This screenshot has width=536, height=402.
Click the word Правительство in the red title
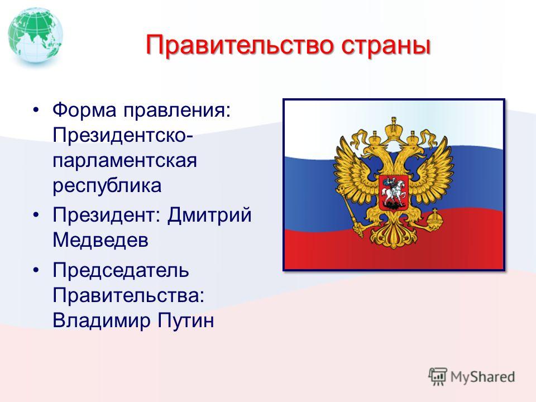tap(240, 45)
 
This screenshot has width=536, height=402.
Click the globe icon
tap(35, 36)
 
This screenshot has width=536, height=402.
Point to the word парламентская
tap(125, 161)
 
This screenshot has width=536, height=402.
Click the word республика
tap(107, 186)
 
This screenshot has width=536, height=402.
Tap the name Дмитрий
tap(209, 216)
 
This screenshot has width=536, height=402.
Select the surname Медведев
tap(100, 240)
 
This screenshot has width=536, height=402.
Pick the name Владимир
tap(102, 320)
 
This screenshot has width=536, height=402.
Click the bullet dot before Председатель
tap(36, 270)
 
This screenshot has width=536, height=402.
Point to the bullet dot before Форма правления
tap(36, 110)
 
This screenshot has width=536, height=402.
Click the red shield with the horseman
tap(394, 193)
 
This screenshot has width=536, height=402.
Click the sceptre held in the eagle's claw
tap(350, 212)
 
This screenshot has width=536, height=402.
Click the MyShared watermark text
tap(482, 377)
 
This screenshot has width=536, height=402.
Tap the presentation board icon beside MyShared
tap(438, 376)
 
